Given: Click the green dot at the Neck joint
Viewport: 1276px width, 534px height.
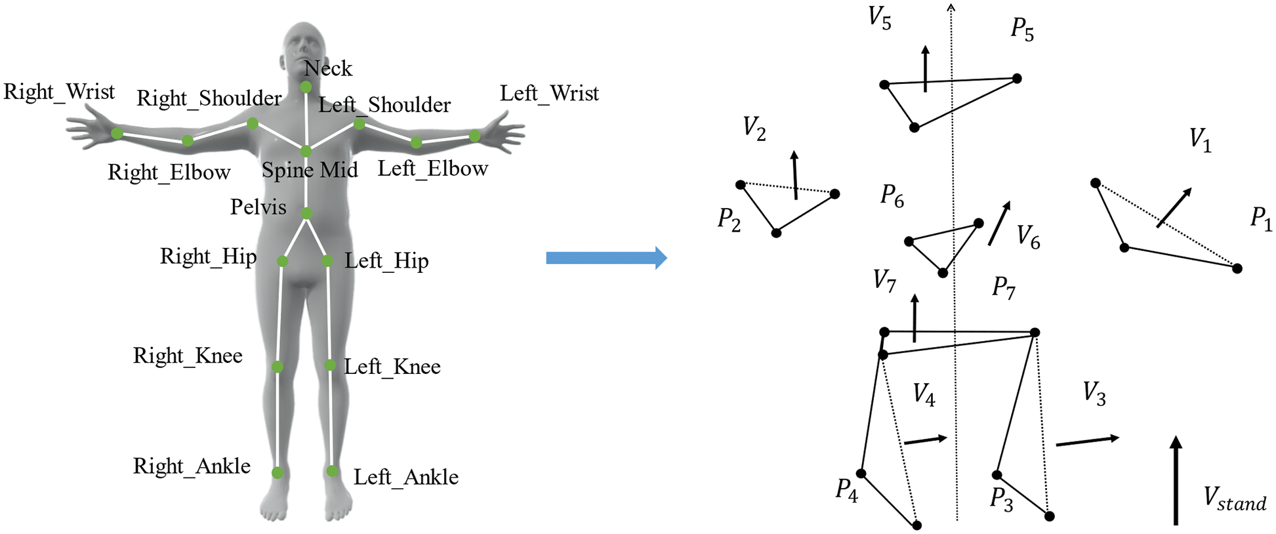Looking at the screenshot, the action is (x=306, y=87).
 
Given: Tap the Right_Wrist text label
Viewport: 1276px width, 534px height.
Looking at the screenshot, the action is (x=59, y=92).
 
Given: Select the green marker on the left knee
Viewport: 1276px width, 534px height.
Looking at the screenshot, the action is (x=330, y=365).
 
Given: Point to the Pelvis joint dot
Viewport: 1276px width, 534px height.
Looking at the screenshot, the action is (x=306, y=213).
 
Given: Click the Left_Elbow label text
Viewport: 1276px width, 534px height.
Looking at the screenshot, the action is (x=433, y=169).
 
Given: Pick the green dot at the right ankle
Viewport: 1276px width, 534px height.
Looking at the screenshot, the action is (x=278, y=472).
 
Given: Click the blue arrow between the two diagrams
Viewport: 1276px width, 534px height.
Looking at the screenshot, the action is (x=607, y=258).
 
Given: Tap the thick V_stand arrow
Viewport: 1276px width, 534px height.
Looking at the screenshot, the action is (x=1176, y=480).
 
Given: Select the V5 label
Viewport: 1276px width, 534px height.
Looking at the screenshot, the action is (x=880, y=18).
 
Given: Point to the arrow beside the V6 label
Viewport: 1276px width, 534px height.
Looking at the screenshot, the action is (x=999, y=223).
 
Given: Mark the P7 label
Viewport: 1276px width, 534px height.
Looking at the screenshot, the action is (x=1004, y=287).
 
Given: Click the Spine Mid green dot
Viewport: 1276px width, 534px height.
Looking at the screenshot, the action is (x=306, y=152).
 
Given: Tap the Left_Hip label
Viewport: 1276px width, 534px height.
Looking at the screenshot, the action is (x=387, y=261).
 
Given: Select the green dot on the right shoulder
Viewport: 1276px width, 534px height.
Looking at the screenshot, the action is (x=253, y=123).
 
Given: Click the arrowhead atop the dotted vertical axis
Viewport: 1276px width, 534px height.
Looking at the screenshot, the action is (x=951, y=7).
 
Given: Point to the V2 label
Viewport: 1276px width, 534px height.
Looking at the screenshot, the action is (x=754, y=128).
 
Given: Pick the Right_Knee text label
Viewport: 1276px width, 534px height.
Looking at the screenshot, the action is (x=188, y=356).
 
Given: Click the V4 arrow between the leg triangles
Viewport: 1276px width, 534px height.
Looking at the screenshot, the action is (x=926, y=441).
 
